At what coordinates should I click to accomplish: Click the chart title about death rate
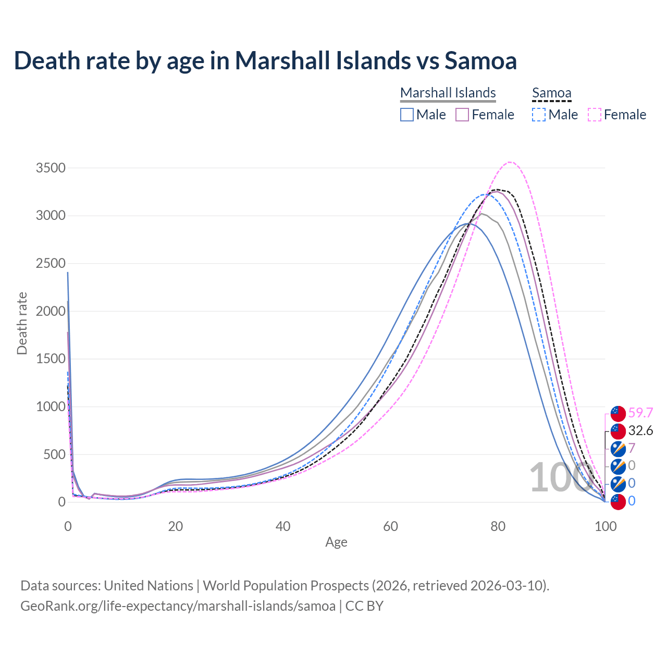[x=265, y=60]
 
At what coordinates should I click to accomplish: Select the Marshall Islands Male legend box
[x=407, y=115]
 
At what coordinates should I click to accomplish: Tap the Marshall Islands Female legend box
[x=462, y=115]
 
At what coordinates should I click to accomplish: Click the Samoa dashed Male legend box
[x=539, y=115]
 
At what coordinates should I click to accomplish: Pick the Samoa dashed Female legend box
[x=594, y=115]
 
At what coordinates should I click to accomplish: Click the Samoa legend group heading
[x=551, y=93]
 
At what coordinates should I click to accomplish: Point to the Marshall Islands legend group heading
[x=448, y=93]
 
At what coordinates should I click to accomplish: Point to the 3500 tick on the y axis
[x=51, y=168]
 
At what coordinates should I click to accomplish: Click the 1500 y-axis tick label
[x=51, y=359]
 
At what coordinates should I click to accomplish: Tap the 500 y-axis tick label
[x=54, y=454]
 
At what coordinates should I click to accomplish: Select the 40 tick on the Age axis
[x=283, y=526]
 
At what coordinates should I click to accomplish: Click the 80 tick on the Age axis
[x=498, y=526]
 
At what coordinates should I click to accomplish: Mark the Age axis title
[x=336, y=542]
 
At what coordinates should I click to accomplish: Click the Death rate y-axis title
[x=22, y=323]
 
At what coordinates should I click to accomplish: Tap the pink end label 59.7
[x=640, y=413]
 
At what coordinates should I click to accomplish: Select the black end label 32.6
[x=640, y=430]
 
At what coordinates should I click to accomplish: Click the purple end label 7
[x=632, y=448]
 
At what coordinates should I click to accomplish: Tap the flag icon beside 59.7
[x=618, y=413]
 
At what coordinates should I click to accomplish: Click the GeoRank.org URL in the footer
[x=178, y=606]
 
